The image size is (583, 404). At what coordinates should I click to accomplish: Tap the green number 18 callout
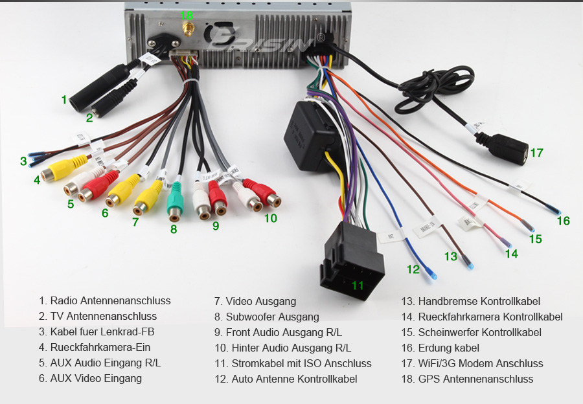point(187,15)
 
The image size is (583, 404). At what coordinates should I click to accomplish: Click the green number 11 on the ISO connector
point(358,285)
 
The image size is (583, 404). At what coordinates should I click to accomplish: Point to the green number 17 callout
point(536,153)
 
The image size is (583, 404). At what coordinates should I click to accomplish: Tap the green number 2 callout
point(89,118)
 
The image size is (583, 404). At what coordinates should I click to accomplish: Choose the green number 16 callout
point(563,221)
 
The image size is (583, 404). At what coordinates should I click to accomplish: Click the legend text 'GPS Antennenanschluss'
point(475,379)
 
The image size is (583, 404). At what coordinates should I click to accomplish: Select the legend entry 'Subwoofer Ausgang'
point(272,317)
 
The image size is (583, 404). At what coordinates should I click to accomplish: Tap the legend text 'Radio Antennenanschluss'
point(110,300)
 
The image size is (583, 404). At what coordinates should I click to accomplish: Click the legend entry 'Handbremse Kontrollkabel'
point(479,301)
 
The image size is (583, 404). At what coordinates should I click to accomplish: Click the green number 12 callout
point(413,269)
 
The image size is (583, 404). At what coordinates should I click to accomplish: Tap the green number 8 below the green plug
point(174,229)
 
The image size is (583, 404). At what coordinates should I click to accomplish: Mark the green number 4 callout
point(37,181)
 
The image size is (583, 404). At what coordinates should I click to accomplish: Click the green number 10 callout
point(270,218)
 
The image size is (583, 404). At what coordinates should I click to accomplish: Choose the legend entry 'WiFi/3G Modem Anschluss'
point(481,363)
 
